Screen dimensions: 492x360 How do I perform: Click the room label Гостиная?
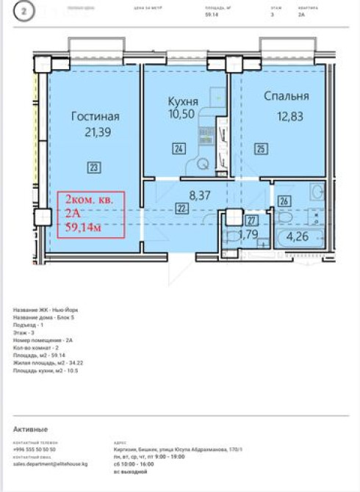pos(96,116)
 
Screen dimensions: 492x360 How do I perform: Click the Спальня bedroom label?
pos(287,96)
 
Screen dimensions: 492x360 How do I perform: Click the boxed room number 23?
pos(93,167)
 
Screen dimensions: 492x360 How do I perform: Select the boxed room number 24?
pos(179,149)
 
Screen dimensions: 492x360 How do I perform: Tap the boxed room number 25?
pos(260,149)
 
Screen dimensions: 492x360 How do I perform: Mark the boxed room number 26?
pos(284,200)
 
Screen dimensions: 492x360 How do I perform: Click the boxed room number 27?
pos(251,220)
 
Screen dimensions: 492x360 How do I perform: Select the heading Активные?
pos(30,429)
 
